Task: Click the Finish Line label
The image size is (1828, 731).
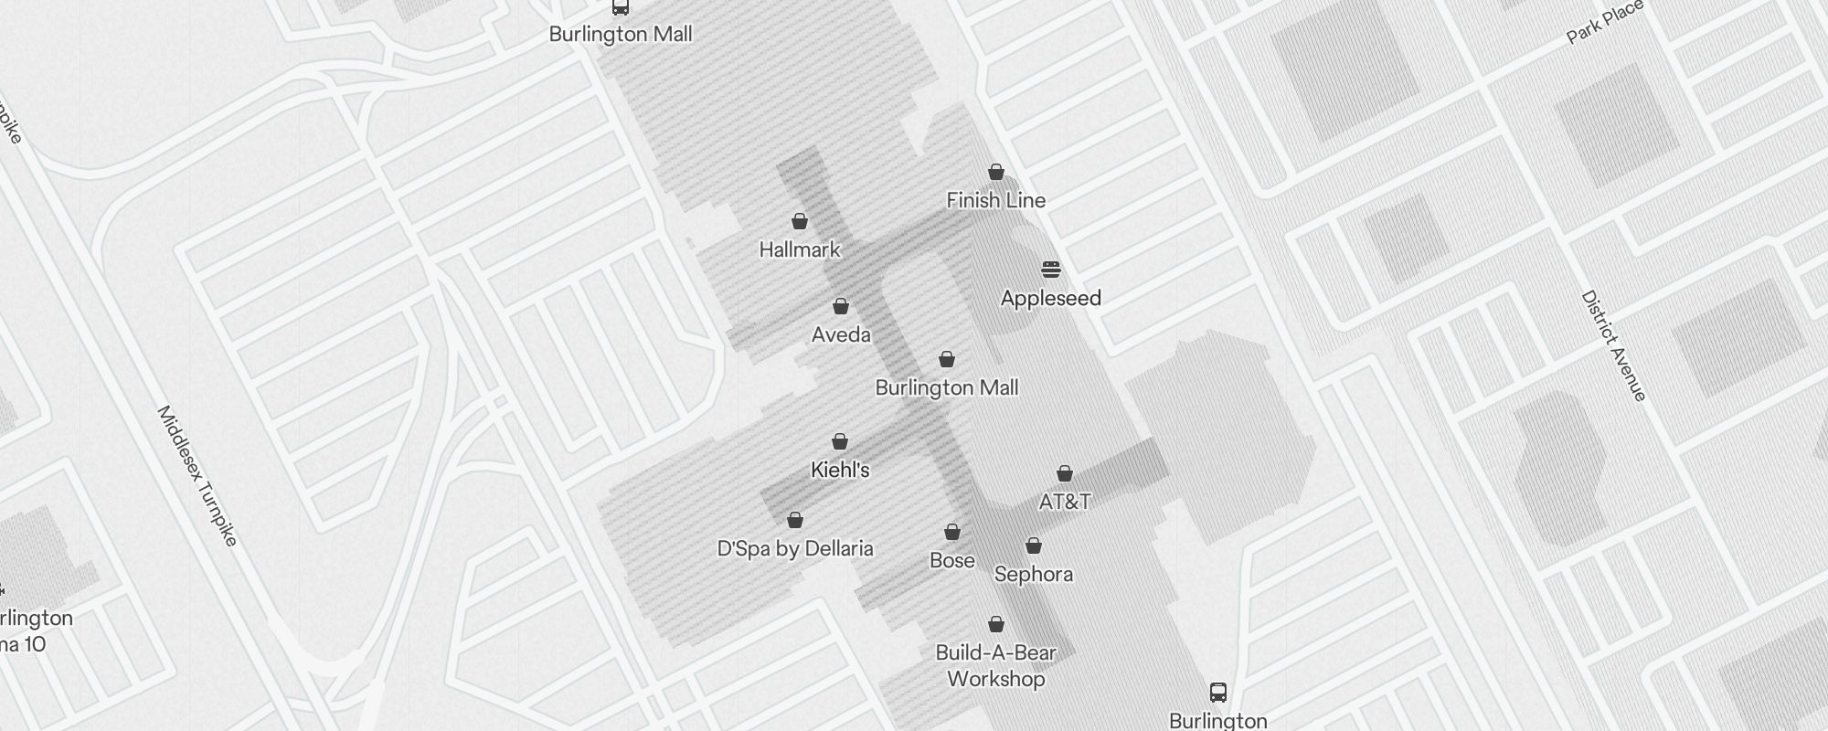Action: click(x=995, y=200)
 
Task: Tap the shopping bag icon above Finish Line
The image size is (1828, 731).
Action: click(x=996, y=172)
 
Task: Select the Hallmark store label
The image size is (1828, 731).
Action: click(x=800, y=249)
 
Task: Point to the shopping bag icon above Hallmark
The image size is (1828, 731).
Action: click(x=800, y=221)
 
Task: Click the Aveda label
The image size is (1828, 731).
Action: click(x=841, y=334)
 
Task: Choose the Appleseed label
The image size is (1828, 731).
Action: click(x=1050, y=298)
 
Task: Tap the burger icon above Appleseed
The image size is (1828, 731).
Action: click(x=1051, y=270)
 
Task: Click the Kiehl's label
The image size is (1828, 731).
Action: click(x=840, y=470)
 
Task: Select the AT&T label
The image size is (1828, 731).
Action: click(x=1065, y=502)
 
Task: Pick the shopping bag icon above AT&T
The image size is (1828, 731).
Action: click(x=1065, y=473)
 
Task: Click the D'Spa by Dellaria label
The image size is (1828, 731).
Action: click(x=795, y=548)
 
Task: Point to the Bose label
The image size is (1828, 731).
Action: click(x=951, y=560)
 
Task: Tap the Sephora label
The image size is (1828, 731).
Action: click(x=1033, y=574)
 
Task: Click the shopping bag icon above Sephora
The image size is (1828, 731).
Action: click(x=1034, y=546)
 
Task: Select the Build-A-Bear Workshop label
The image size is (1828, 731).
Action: click(x=995, y=665)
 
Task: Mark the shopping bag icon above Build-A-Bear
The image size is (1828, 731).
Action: click(x=996, y=624)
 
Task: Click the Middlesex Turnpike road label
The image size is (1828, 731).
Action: click(x=197, y=476)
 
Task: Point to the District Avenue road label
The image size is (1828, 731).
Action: click(x=1613, y=345)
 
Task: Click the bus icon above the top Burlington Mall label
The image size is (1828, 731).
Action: click(x=621, y=7)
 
